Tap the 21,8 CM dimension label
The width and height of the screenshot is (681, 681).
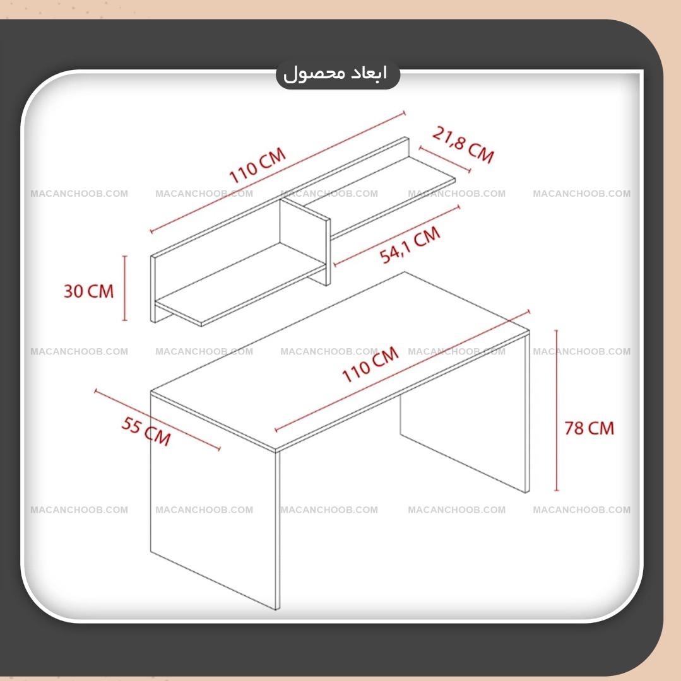pos(463,145)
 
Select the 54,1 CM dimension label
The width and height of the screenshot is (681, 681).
pos(410,245)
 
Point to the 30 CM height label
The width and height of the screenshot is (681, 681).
pos(88,291)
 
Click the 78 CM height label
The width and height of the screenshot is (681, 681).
pos(589,428)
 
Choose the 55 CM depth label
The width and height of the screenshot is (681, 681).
pos(146,431)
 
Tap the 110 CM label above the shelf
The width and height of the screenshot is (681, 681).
pos(258,165)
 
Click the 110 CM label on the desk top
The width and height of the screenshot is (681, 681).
pos(370,364)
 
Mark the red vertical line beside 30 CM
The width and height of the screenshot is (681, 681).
pos(125,288)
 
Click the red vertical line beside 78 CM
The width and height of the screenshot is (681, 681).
pos(556,410)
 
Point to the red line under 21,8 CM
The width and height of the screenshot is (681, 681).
pos(444,160)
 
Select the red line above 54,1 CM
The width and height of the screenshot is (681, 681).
pos(396,235)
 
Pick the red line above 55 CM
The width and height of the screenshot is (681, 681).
pos(157,419)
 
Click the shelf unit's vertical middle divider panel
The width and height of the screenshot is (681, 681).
pos(305,240)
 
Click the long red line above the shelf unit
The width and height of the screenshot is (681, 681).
pos(278,172)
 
